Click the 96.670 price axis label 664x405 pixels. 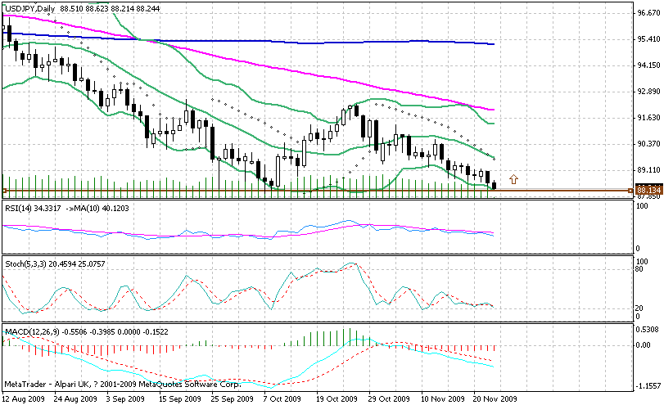(x=649, y=14)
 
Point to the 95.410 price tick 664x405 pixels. (x=649, y=39)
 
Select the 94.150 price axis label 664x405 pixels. (x=649, y=65)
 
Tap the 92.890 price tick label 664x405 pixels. (x=649, y=92)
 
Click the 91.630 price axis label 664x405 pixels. (x=649, y=118)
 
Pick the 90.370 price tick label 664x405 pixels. (x=649, y=144)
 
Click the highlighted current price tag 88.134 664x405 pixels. (x=648, y=191)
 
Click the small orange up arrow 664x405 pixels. (x=513, y=178)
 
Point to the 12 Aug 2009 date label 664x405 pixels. (x=25, y=398)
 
